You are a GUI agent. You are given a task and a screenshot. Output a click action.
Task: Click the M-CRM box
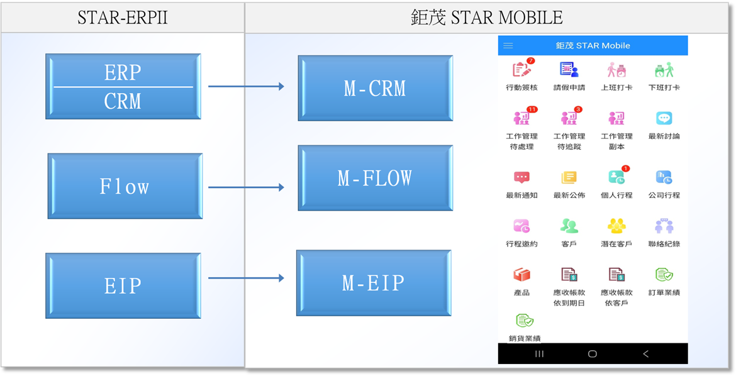tap(375, 88)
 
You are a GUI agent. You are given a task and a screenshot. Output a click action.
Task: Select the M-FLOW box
tap(375, 178)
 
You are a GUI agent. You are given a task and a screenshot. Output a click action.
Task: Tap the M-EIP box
tap(374, 283)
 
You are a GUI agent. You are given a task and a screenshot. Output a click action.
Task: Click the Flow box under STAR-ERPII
tap(125, 186)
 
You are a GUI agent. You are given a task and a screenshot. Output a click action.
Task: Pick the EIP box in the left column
tap(123, 285)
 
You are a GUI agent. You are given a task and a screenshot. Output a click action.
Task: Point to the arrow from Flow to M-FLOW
tap(246, 187)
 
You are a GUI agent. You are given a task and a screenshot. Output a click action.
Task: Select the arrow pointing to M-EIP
tap(246, 278)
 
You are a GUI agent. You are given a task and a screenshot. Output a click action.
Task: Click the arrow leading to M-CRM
tap(246, 86)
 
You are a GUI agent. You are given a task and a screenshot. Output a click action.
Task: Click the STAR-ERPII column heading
tap(123, 17)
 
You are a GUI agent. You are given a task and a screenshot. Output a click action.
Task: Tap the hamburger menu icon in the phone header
tap(508, 46)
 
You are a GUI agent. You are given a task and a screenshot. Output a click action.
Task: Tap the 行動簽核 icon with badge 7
tap(521, 69)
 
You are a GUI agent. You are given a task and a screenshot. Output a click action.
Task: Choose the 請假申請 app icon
tap(569, 69)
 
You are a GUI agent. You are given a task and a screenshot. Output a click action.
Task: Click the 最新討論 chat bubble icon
tap(664, 118)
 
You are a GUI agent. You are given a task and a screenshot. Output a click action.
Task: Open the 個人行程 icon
tap(616, 177)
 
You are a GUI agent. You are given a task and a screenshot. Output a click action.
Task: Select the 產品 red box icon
tap(521, 275)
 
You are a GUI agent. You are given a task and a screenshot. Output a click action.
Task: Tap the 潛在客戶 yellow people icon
tap(616, 226)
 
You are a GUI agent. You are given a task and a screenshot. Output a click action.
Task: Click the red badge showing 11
tap(532, 109)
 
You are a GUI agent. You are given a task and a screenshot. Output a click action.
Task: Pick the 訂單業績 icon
tap(664, 275)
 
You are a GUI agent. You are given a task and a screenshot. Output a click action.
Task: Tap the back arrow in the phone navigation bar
tap(645, 354)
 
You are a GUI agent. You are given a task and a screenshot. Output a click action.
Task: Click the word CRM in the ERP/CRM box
tap(123, 101)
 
